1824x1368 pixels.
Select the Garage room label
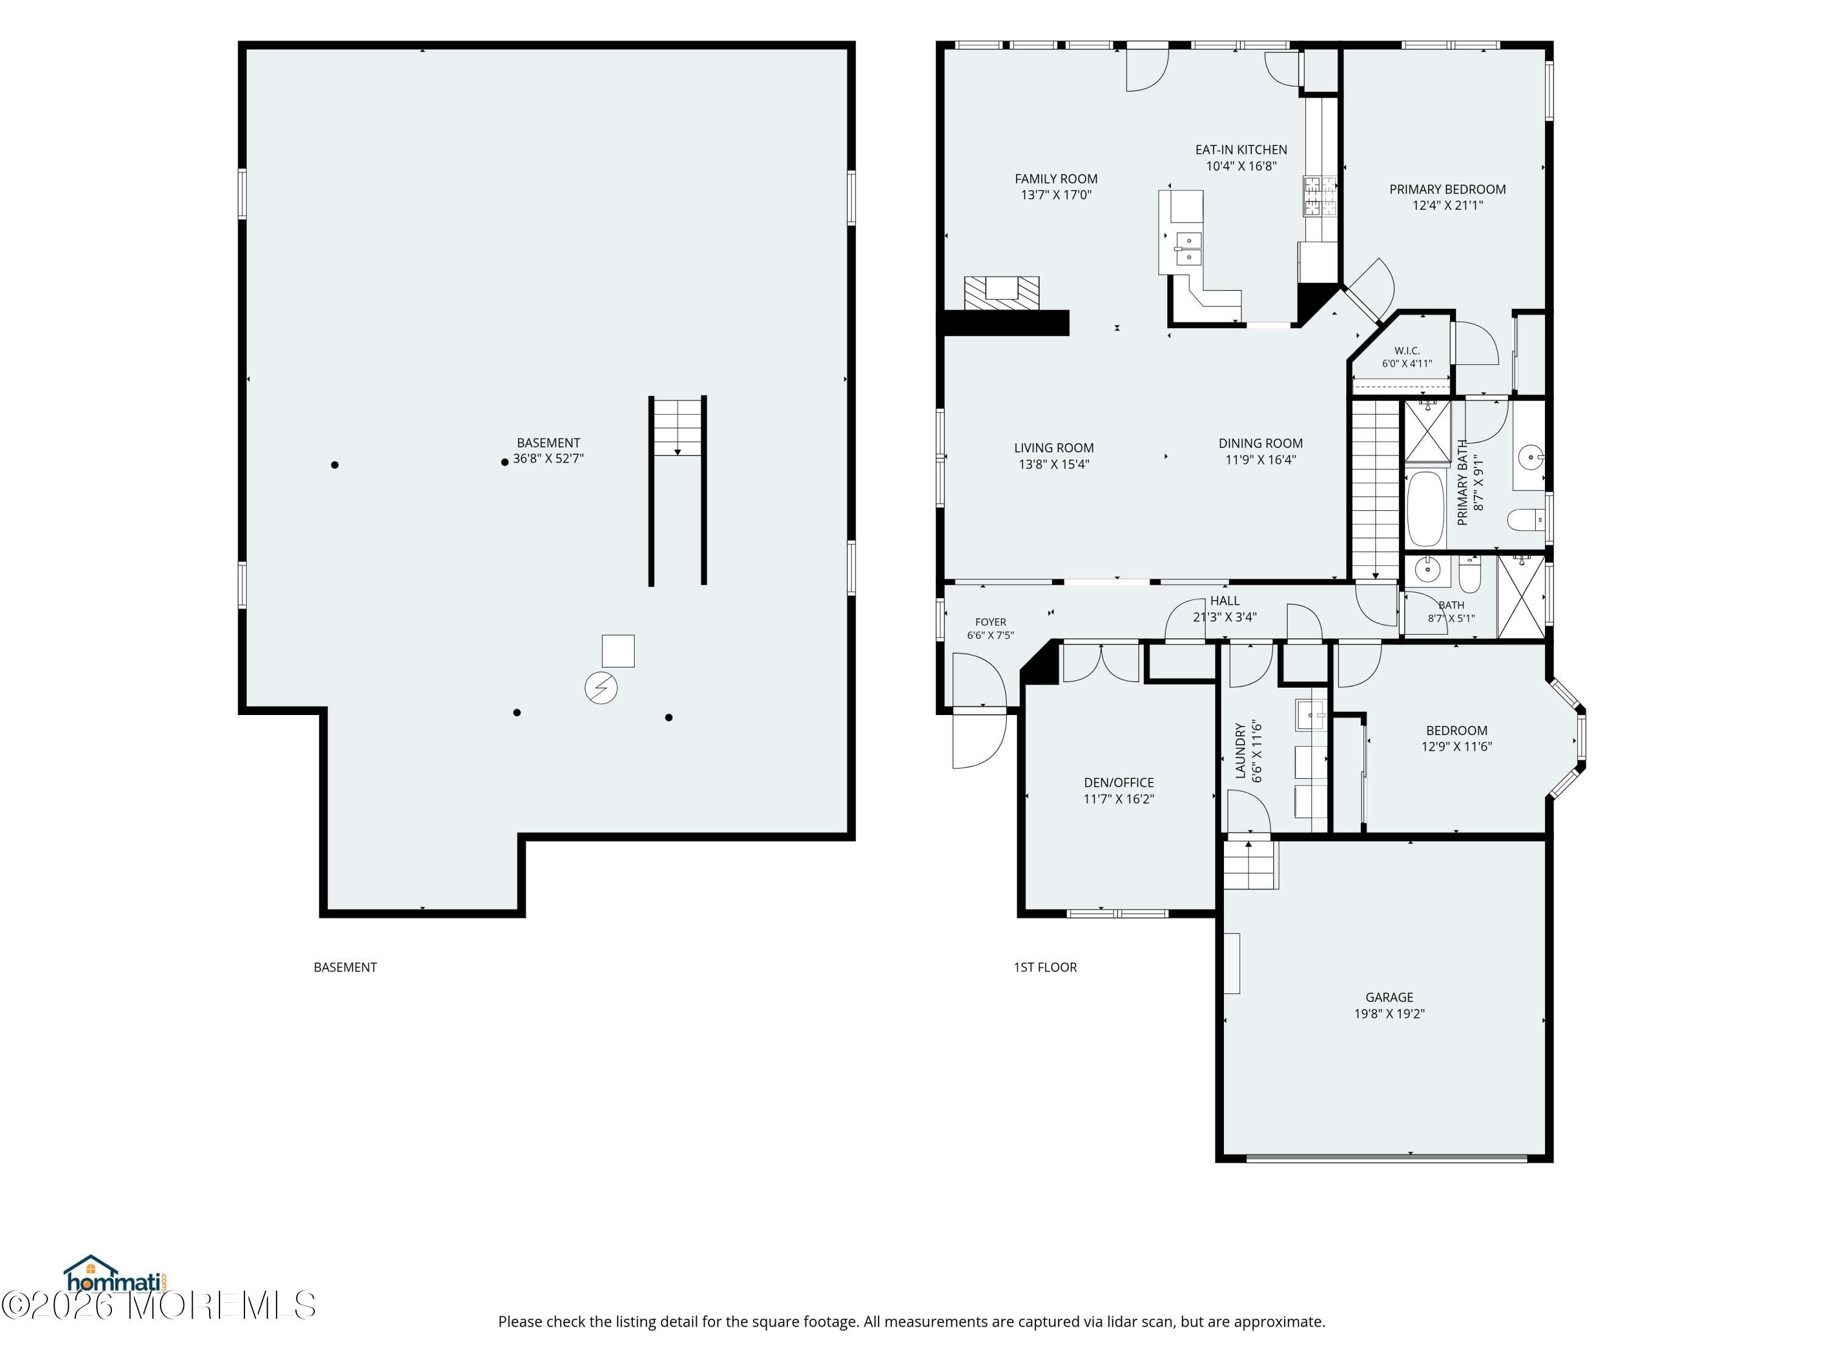(1389, 997)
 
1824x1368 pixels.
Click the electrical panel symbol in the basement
(601, 688)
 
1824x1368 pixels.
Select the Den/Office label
(1118, 782)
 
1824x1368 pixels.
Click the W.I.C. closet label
(1407, 350)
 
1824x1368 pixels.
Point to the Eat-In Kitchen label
(1241, 149)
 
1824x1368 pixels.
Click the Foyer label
(990, 623)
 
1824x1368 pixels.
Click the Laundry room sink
(1310, 715)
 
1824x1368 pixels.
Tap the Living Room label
(1054, 447)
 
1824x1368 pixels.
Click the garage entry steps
(1250, 864)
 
